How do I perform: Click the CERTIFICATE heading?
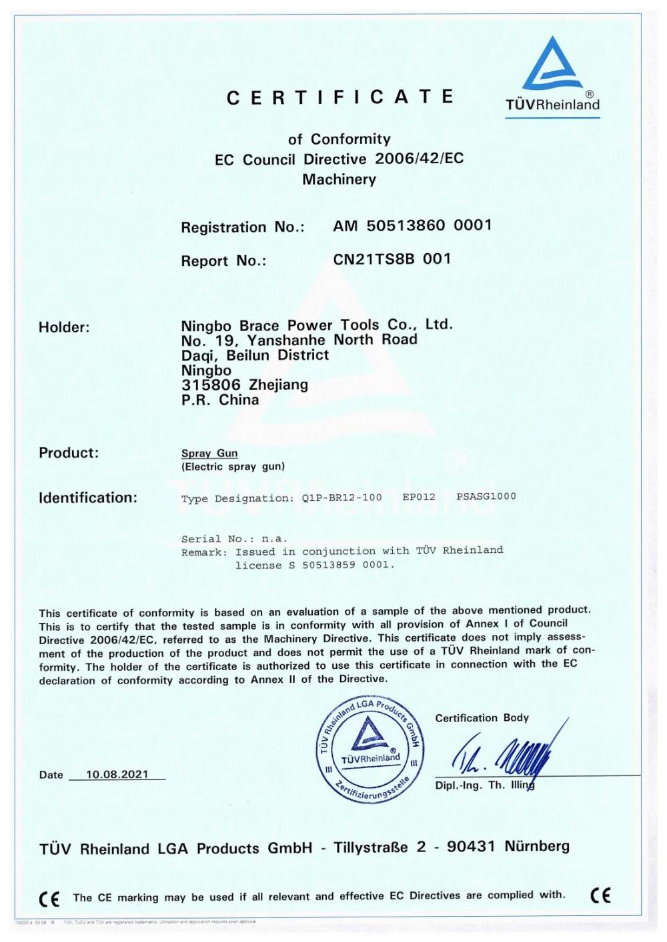[x=340, y=98]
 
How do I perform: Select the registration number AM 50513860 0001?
[x=412, y=225]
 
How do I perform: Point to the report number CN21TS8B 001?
[x=392, y=258]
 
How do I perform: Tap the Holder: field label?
[x=64, y=327]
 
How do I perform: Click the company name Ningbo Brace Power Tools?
[x=317, y=325]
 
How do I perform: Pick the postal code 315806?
[x=211, y=384]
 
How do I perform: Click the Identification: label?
[x=88, y=498]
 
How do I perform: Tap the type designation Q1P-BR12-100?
[x=342, y=497]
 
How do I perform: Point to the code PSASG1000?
[x=486, y=496]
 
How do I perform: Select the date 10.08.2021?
[x=117, y=775]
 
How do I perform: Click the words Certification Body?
[x=482, y=717]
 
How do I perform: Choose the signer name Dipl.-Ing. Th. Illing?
[x=485, y=785]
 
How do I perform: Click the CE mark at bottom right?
[x=600, y=895]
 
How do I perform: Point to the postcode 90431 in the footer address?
[x=471, y=847]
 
